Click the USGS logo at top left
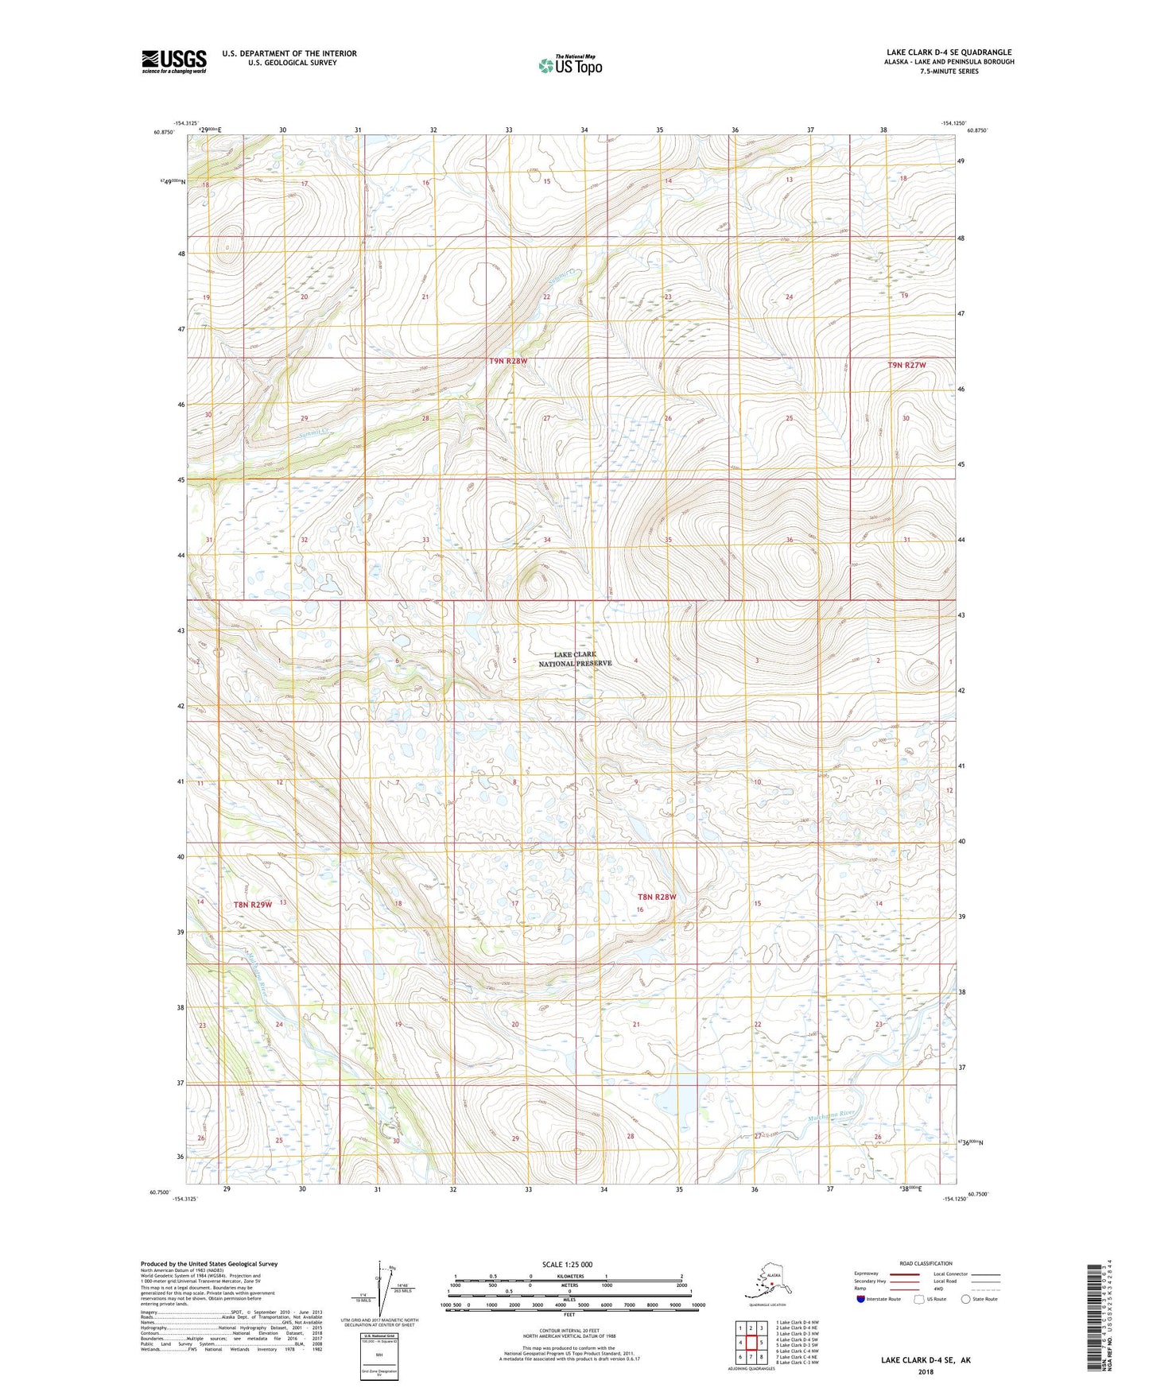click(x=173, y=61)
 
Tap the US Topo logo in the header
click(x=570, y=65)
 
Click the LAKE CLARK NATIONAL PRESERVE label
click(x=575, y=658)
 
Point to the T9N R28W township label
click(x=508, y=361)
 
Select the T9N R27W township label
click(x=906, y=365)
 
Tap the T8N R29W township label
click(x=253, y=905)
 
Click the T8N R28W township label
click(x=657, y=897)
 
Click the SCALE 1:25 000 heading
click(x=567, y=1264)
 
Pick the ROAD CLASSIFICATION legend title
click(x=926, y=1263)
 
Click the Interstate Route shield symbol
click(x=860, y=1299)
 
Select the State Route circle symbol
click(x=966, y=1299)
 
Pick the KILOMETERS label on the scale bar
click(x=568, y=1276)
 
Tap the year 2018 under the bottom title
click(x=925, y=1371)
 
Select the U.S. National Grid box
click(x=379, y=1355)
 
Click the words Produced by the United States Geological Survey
click(x=209, y=1263)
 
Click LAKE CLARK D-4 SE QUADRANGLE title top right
click(x=949, y=52)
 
